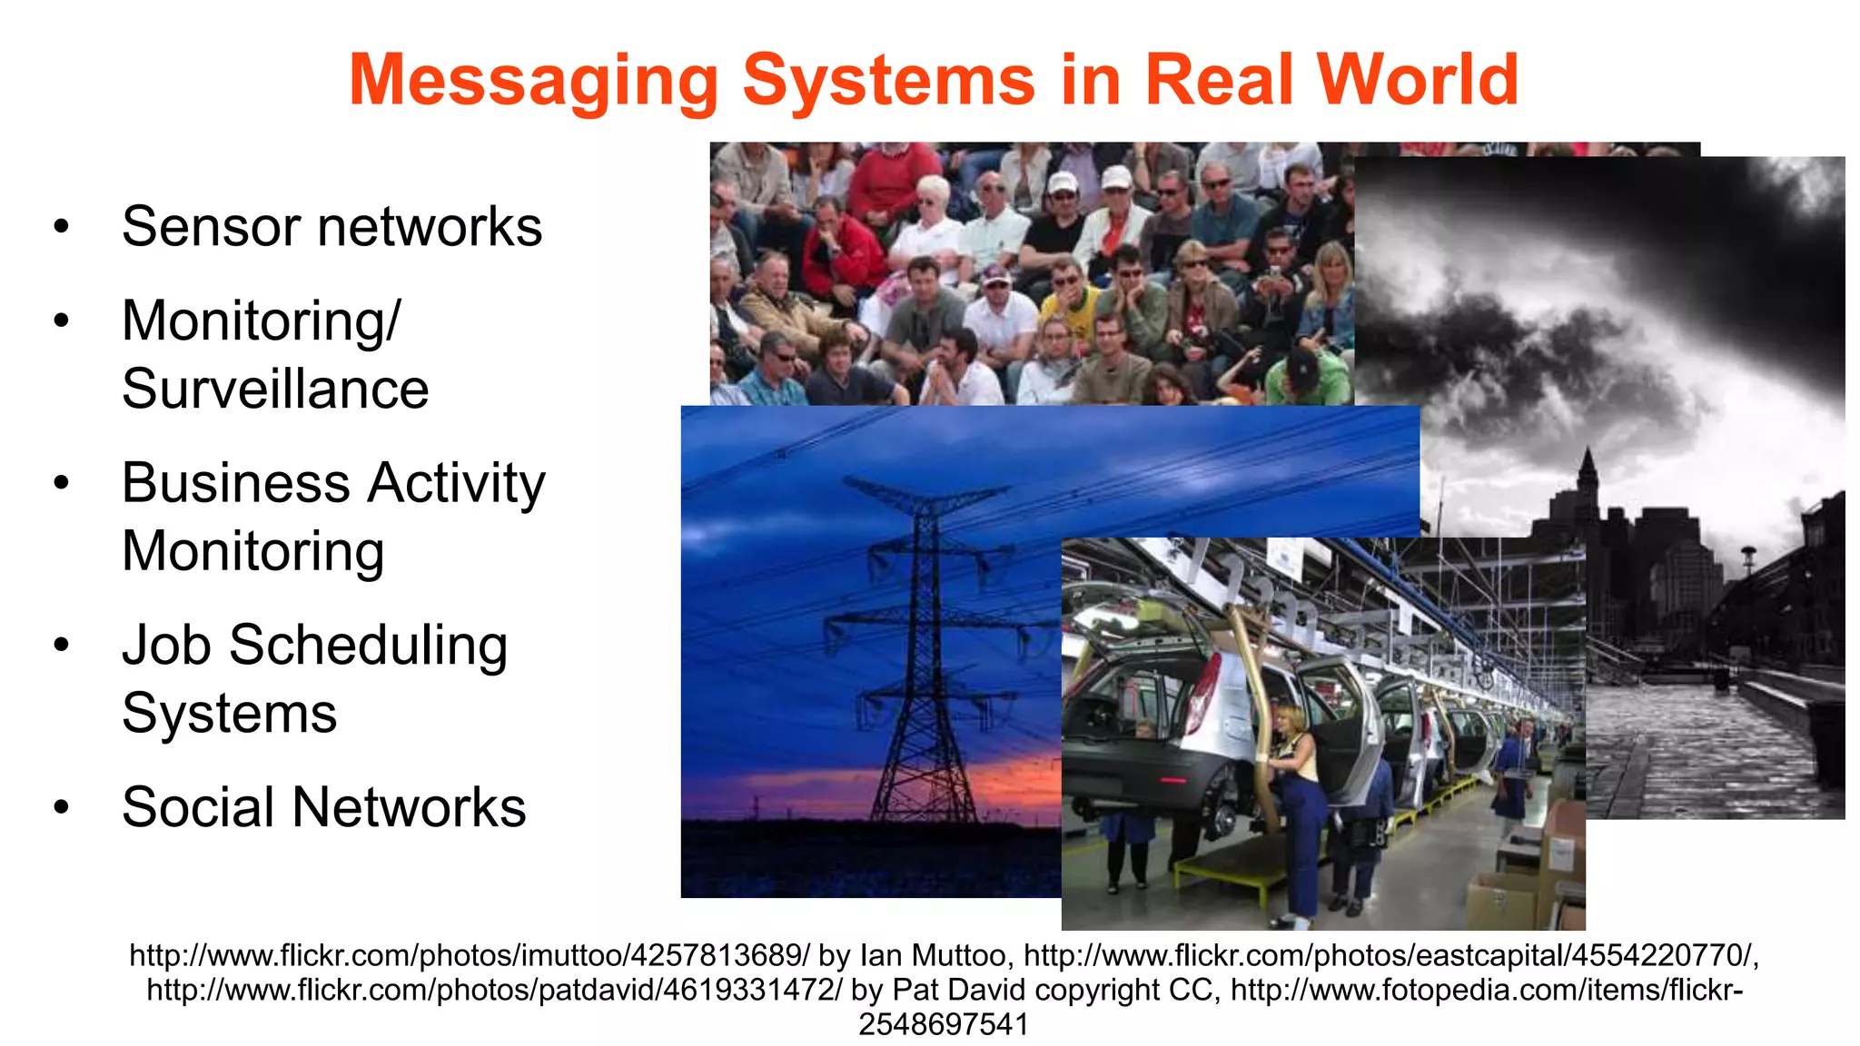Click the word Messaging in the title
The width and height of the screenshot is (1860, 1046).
pos(534,81)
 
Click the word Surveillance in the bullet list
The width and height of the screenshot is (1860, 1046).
pos(275,389)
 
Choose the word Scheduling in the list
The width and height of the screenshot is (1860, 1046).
pos(368,646)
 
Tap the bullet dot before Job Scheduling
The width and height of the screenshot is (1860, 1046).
pos(61,646)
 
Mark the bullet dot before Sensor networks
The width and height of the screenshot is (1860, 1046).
pos(61,226)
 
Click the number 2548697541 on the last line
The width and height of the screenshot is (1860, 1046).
pos(944,1024)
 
